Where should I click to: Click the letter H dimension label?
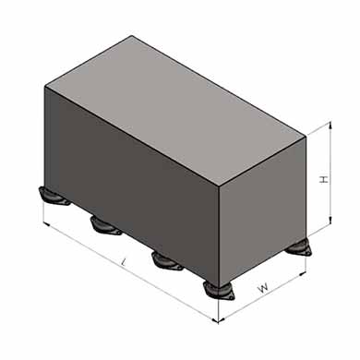324,179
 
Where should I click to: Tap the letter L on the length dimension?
124,263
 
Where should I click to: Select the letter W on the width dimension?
263,288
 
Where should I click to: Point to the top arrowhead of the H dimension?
330,125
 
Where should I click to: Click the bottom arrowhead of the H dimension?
330,221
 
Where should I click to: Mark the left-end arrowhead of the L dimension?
47,223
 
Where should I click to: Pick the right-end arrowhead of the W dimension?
302,273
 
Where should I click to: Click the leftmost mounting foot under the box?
53,197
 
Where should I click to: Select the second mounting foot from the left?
105,226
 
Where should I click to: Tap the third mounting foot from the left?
167,261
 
